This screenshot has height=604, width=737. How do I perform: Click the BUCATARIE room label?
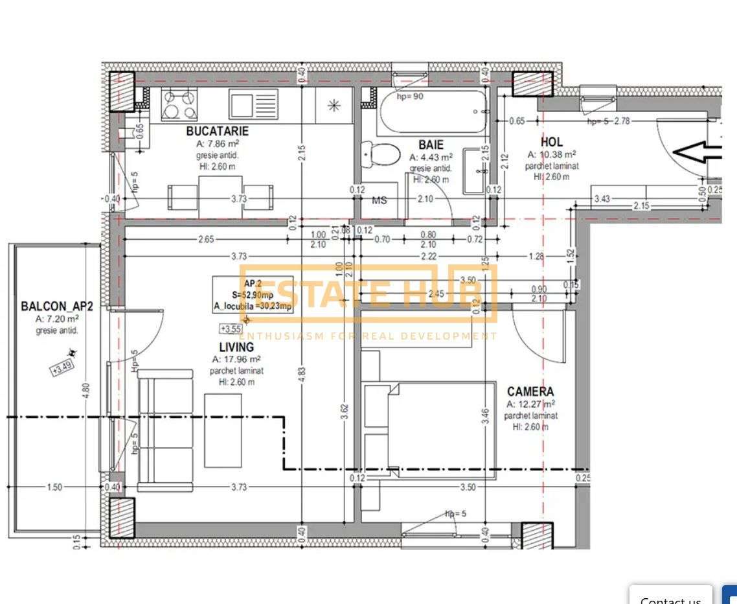(217, 131)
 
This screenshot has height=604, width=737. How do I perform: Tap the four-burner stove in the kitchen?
(179, 104)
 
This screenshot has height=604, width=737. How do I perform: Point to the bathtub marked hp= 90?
(433, 111)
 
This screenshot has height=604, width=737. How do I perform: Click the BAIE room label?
(431, 145)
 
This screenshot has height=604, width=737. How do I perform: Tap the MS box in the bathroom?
(380, 200)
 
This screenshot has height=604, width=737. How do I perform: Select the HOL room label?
(552, 141)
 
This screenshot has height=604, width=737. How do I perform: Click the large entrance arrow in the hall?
(698, 153)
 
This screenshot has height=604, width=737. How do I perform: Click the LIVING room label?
(236, 347)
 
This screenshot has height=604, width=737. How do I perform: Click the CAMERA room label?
(530, 391)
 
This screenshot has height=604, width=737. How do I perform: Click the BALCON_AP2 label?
(57, 306)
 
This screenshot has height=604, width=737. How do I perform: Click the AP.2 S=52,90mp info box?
(253, 295)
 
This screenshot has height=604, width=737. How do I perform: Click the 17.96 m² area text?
(237, 359)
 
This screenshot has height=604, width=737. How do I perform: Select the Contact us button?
(670, 597)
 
